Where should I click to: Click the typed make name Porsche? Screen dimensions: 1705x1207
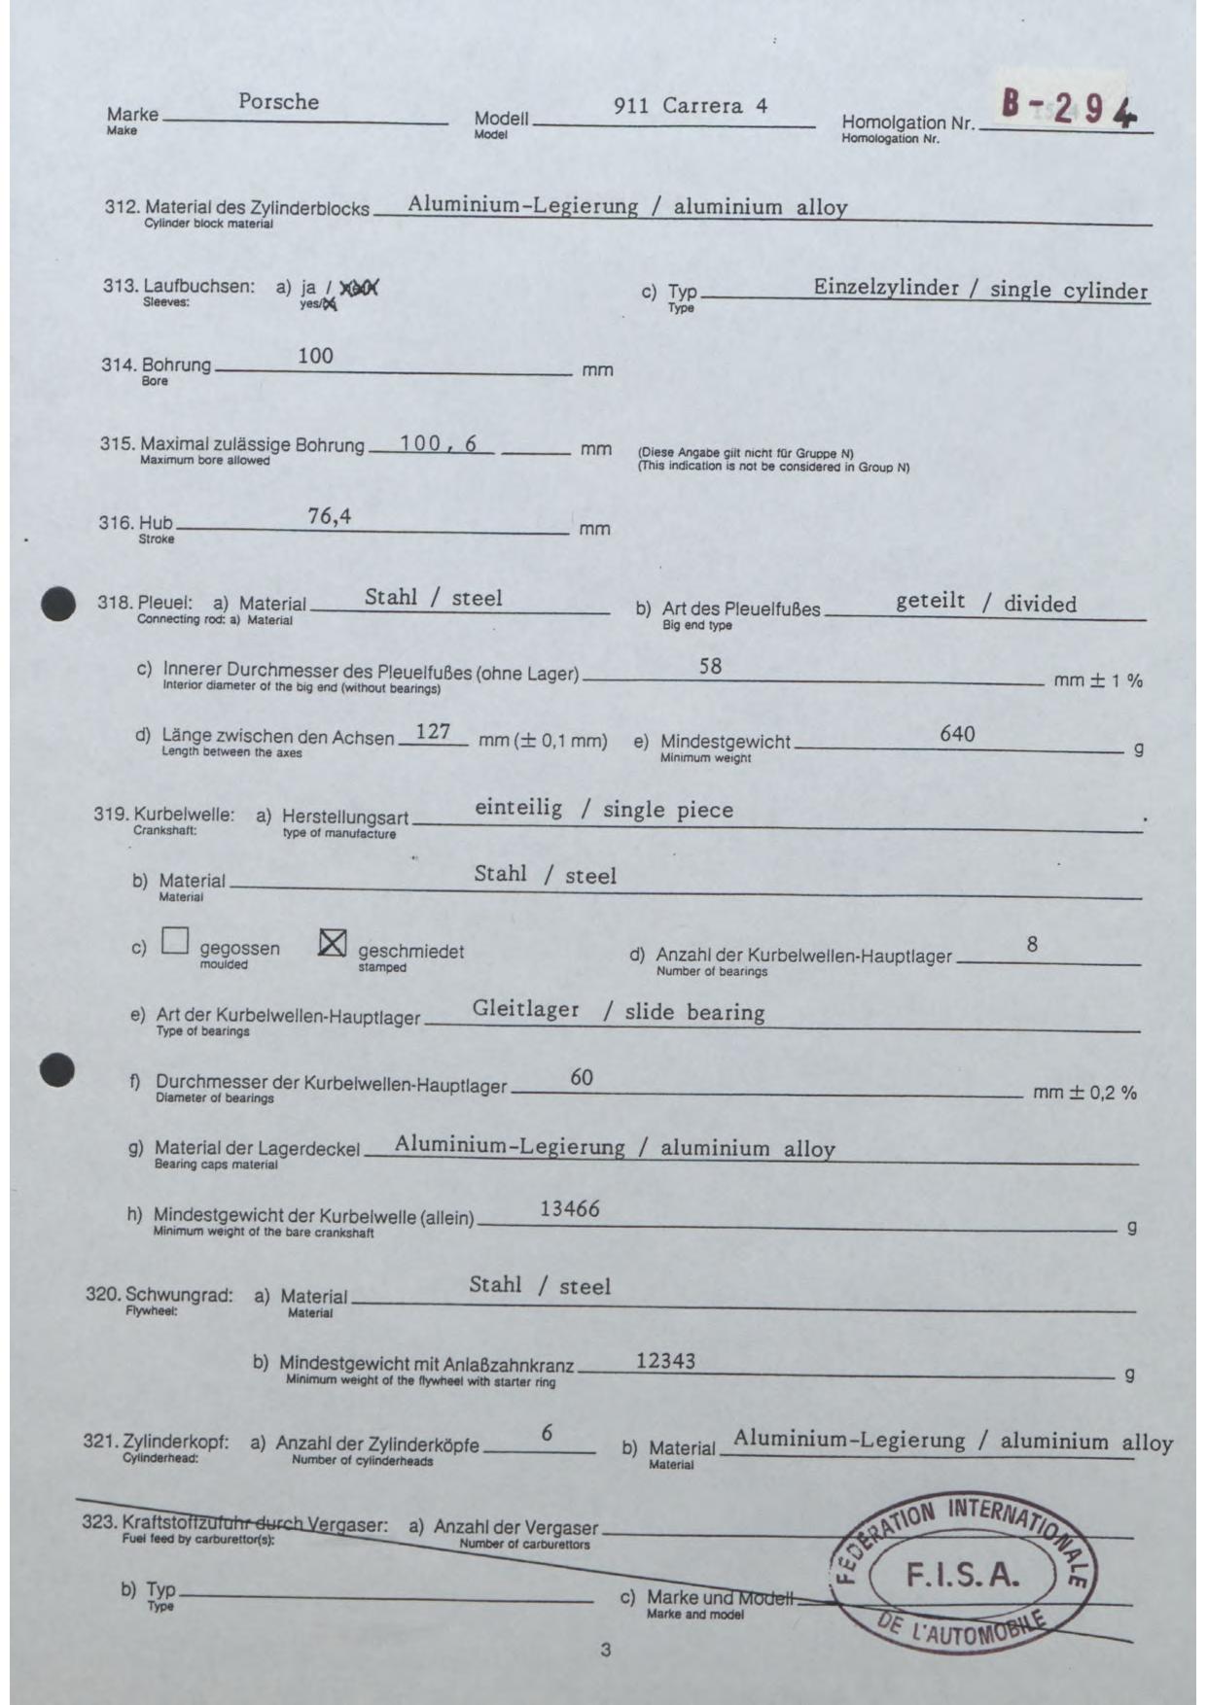pyautogui.click(x=278, y=102)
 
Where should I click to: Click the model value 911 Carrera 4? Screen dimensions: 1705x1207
pyautogui.click(x=690, y=106)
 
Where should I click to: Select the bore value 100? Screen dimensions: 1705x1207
pyautogui.click(x=315, y=356)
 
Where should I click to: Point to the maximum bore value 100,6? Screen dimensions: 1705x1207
pyautogui.click(x=438, y=443)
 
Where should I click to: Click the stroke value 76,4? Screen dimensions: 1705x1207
pyautogui.click(x=329, y=516)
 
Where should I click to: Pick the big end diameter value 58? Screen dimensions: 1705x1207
pyautogui.click(x=710, y=667)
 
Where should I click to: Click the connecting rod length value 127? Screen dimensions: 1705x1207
pyautogui.click(x=433, y=731)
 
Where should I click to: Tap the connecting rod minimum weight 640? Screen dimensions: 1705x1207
pyautogui.click(x=957, y=734)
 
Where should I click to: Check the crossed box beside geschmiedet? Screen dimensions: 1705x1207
pyautogui.click(x=333, y=942)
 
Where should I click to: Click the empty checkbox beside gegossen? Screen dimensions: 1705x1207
pyautogui.click(x=175, y=941)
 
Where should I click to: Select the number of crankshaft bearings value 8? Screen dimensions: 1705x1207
pyautogui.click(x=1032, y=944)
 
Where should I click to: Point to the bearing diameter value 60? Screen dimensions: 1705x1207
pyautogui.click(x=582, y=1077)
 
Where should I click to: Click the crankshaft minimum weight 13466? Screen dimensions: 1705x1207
pyautogui.click(x=569, y=1209)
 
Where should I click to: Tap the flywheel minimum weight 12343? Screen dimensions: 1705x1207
pyautogui.click(x=665, y=1361)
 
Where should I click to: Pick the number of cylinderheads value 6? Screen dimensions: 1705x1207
pyautogui.click(x=548, y=1433)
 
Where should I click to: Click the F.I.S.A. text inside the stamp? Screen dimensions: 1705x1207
pyautogui.click(x=962, y=1574)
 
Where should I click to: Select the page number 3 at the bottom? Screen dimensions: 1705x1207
pyautogui.click(x=606, y=1650)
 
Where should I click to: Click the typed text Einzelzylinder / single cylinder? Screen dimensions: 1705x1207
pyautogui.click(x=980, y=290)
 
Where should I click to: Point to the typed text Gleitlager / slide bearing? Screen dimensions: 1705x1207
pyautogui.click(x=619, y=1011)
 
